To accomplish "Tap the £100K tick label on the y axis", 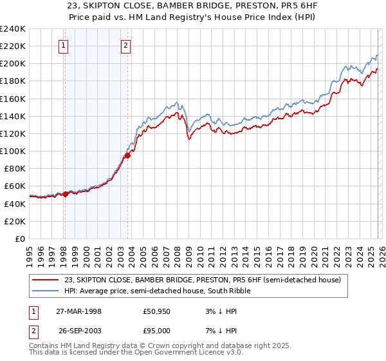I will (x=13, y=151).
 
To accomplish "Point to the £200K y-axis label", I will (x=13, y=64).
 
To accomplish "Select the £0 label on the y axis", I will (x=19, y=239).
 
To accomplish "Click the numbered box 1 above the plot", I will (x=64, y=45).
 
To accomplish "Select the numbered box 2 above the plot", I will (x=125, y=45).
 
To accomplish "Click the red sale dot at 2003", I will (x=128, y=155).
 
